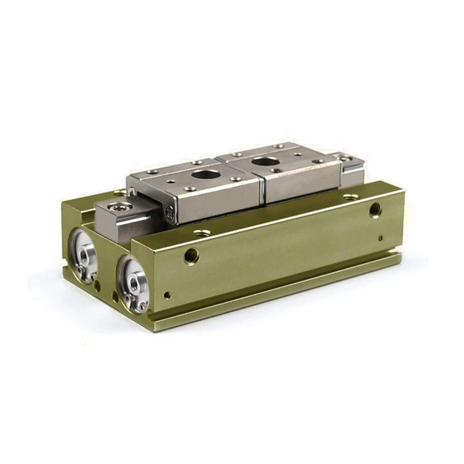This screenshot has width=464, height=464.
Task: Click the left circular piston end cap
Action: pos(84,254)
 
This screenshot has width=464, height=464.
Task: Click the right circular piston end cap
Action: pos(132,284)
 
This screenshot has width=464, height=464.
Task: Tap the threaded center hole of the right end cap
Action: pos(134,283)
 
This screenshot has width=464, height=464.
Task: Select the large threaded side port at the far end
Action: pos(375,210)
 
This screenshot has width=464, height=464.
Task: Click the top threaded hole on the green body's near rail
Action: pos(202,233)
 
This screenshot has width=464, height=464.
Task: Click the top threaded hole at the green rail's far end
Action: pos(351,197)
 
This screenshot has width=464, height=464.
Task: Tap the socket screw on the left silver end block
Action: pos(119,205)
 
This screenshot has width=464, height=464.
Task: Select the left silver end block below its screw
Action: pos(121,226)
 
